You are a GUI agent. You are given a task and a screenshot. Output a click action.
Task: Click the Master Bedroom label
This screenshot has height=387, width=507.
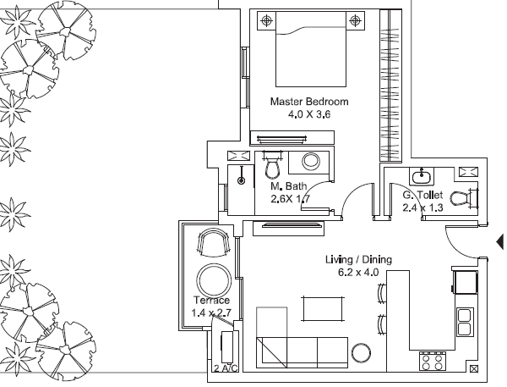309,102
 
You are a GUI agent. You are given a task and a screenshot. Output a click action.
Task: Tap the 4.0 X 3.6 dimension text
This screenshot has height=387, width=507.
309,114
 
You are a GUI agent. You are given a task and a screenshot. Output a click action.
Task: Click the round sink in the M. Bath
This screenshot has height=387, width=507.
311,161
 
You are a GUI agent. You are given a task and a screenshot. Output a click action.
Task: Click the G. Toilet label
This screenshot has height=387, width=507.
422,195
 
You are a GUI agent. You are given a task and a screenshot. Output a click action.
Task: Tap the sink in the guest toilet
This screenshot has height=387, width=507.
422,176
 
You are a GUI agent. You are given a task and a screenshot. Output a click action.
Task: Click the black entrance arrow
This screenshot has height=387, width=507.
500,241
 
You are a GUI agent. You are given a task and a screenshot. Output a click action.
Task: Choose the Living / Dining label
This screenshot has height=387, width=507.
358,259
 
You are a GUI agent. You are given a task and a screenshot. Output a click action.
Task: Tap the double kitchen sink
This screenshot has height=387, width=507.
465,322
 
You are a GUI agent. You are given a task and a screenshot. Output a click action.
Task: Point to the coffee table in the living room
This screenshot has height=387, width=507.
323,309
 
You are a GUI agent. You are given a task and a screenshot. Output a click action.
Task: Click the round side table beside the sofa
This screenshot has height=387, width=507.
361,353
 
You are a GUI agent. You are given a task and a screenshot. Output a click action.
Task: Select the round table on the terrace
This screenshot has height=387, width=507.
214,280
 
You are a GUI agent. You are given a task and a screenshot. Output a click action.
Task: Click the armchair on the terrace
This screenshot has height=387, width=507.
214,241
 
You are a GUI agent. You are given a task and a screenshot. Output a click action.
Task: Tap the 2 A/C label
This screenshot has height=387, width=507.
226,368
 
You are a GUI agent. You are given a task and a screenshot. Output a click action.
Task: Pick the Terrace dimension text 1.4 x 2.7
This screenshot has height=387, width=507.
211,313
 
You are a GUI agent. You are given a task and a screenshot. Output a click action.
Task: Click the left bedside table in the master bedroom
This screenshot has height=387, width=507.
266,20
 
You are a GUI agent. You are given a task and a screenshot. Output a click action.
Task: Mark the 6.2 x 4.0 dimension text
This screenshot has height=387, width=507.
358,273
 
